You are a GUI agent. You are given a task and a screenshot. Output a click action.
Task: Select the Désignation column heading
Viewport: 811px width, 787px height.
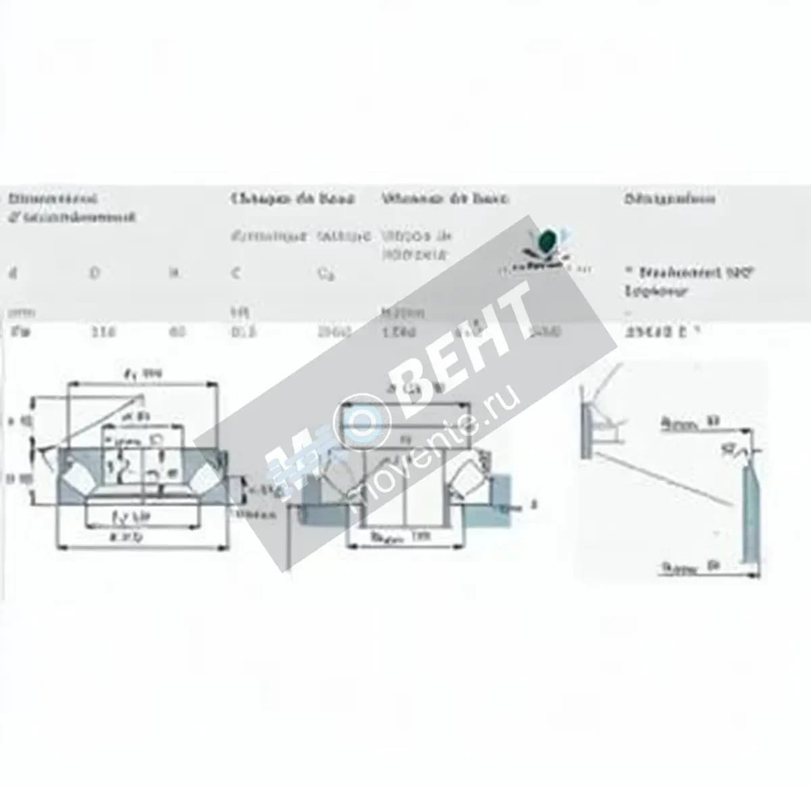pyautogui.click(x=669, y=199)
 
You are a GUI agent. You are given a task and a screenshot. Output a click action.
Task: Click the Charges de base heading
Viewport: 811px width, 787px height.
pyautogui.click(x=293, y=199)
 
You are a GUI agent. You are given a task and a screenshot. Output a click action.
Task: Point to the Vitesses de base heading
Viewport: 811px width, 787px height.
pyautogui.click(x=445, y=199)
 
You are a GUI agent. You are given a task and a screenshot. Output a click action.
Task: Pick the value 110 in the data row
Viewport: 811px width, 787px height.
pyautogui.click(x=103, y=332)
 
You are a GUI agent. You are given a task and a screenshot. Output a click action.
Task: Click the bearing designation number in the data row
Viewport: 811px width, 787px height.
pyautogui.click(x=659, y=332)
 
